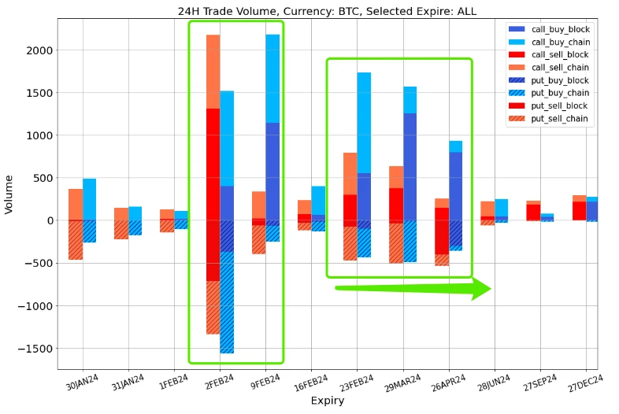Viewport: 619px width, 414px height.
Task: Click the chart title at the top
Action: coord(327,11)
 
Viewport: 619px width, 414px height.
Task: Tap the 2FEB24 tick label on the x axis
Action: coord(220,382)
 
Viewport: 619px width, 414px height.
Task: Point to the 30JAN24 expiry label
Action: coord(83,382)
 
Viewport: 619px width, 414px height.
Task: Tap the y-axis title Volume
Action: coord(9,194)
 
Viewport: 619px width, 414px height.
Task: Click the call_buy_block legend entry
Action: coord(560,29)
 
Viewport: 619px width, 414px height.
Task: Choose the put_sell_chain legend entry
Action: coord(560,119)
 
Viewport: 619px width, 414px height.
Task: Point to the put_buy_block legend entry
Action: coord(560,80)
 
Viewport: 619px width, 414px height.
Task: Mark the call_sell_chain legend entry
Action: coord(560,68)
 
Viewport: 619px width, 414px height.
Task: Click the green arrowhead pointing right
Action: coord(480,288)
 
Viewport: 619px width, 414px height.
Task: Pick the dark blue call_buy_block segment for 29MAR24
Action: coord(410,165)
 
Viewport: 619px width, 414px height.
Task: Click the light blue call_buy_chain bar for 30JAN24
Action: coord(90,199)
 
